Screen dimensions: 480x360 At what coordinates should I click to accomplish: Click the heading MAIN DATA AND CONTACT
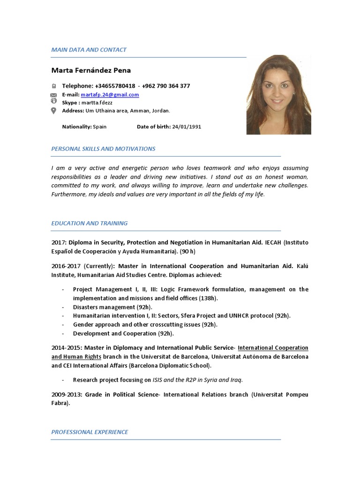pyautogui.click(x=89, y=50)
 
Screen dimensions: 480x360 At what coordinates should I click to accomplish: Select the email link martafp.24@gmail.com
pyautogui.click(x=110, y=95)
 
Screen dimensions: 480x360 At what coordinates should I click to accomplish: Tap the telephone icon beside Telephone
pyautogui.click(x=53, y=86)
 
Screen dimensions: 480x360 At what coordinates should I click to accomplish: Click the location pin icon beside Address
pyautogui.click(x=53, y=111)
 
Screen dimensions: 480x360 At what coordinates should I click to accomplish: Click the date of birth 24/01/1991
pyautogui.click(x=187, y=127)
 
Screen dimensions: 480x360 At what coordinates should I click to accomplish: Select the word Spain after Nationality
pyautogui.click(x=100, y=127)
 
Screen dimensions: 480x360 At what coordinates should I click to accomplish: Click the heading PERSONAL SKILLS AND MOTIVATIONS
pyautogui.click(x=103, y=149)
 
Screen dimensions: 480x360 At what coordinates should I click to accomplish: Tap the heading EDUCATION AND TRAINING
pyautogui.click(x=89, y=223)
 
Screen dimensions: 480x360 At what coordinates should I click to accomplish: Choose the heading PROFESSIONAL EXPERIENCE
pyautogui.click(x=90, y=432)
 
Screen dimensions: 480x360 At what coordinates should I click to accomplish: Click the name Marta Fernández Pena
pyautogui.click(x=91, y=70)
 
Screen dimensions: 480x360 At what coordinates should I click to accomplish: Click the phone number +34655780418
pyautogui.click(x=115, y=86)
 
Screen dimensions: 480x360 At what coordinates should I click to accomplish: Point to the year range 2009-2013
pyautogui.click(x=66, y=395)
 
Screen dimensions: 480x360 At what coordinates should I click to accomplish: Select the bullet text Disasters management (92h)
pyautogui.click(x=112, y=307)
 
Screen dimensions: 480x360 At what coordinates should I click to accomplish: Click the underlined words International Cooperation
pyautogui.click(x=273, y=348)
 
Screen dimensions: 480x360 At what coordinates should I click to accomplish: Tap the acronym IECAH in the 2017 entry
pyautogui.click(x=274, y=242)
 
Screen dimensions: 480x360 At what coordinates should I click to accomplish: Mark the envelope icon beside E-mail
pyautogui.click(x=53, y=95)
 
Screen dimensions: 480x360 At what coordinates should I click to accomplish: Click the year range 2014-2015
pyautogui.click(x=66, y=348)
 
